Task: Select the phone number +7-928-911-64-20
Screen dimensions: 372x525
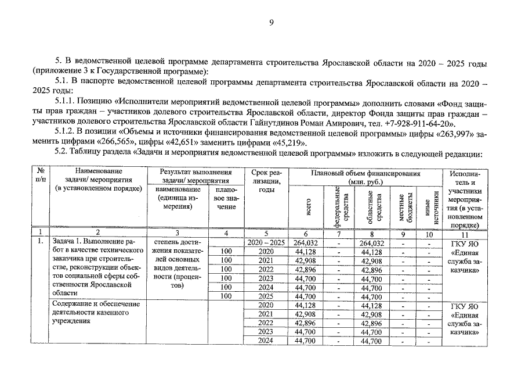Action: pyautogui.click(x=419, y=124)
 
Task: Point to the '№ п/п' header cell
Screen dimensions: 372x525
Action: pyautogui.click(x=41, y=177)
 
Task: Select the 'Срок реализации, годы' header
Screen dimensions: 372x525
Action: pyautogui.click(x=266, y=181)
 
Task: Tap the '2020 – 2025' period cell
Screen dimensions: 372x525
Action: pyautogui.click(x=266, y=242)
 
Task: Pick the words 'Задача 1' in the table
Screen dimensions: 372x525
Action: pyautogui.click(x=67, y=242)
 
